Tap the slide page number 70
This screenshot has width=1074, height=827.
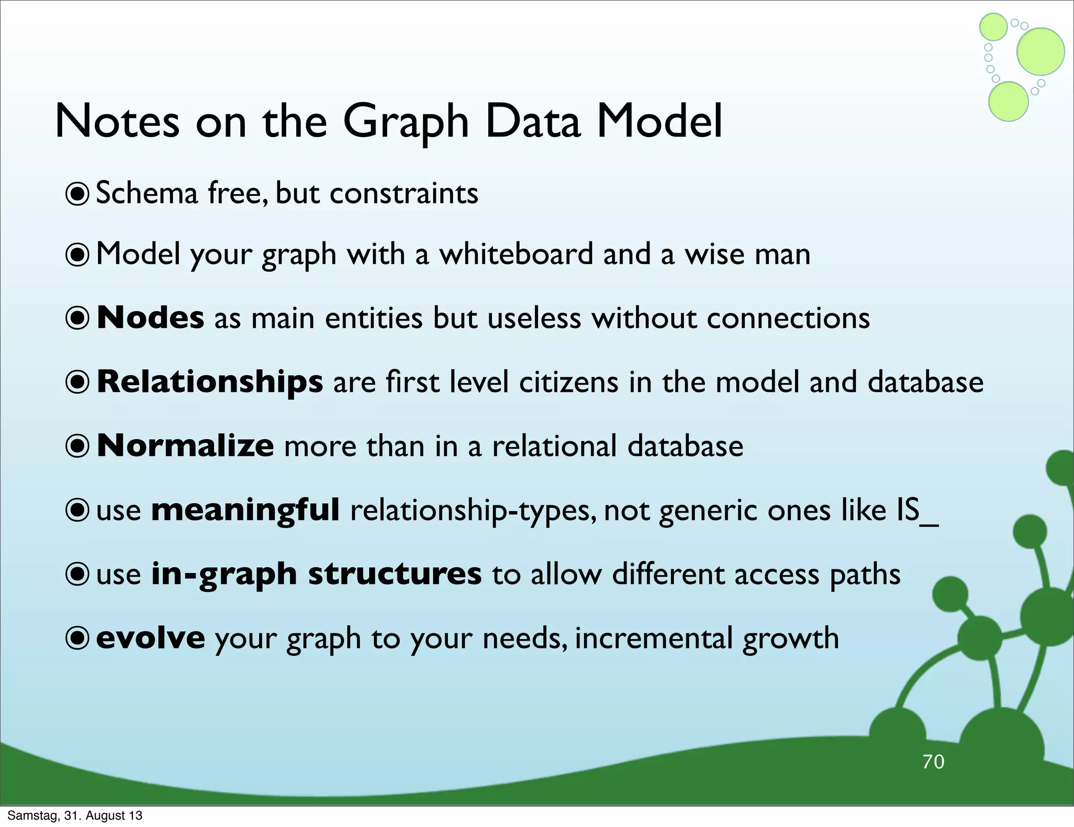[933, 762]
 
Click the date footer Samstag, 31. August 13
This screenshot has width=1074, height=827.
[74, 815]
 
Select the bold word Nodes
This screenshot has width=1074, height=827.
[151, 318]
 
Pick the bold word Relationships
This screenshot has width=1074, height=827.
[210, 381]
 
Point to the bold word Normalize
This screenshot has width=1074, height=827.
[185, 446]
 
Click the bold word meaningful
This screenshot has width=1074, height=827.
[245, 510]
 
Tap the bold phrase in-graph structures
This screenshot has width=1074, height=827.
[316, 574]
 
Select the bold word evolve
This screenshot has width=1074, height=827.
[151, 638]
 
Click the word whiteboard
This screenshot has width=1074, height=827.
[516, 255]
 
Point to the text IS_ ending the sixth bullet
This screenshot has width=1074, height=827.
[916, 510]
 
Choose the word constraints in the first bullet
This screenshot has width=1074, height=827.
[404, 193]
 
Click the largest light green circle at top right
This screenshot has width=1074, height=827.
[1040, 51]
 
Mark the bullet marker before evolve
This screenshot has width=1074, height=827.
[78, 638]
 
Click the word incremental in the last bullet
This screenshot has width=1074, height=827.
[653, 638]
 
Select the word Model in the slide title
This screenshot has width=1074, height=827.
[659, 122]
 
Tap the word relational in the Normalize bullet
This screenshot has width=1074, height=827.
[554, 446]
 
